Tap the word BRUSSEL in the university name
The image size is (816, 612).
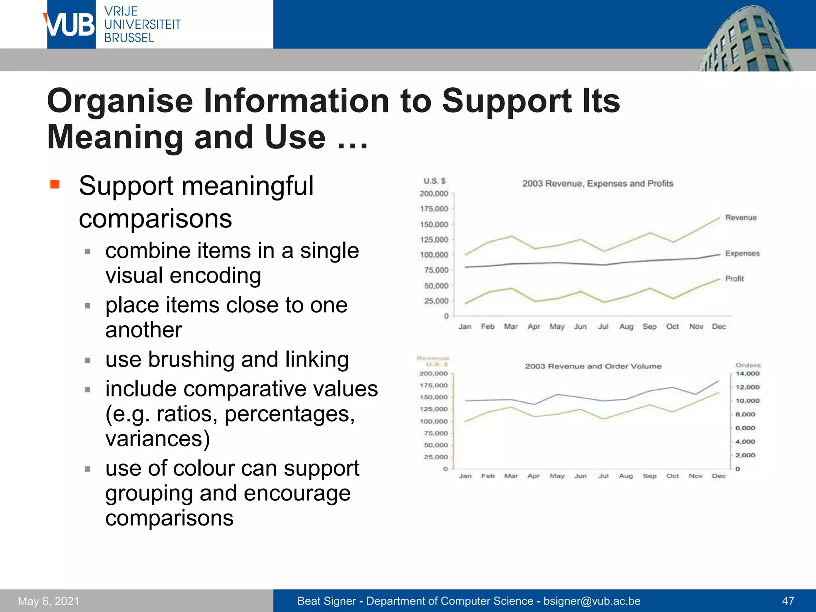(x=129, y=38)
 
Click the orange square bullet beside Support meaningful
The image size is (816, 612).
(x=55, y=184)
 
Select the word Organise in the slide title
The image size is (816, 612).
(x=120, y=101)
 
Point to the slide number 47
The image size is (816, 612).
(x=788, y=601)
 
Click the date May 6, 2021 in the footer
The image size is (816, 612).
(x=49, y=601)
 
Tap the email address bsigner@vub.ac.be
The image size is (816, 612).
(x=592, y=601)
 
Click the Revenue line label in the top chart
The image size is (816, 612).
(x=741, y=218)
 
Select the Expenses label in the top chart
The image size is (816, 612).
(x=742, y=253)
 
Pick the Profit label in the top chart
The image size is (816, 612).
(x=734, y=279)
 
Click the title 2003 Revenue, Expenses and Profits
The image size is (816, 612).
(x=598, y=184)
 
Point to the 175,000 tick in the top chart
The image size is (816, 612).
(x=434, y=209)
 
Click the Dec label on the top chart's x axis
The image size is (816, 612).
(x=719, y=327)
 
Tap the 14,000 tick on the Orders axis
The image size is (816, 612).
(x=747, y=374)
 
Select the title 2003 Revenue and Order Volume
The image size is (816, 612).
(x=593, y=366)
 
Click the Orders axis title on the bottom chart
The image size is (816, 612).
(x=748, y=365)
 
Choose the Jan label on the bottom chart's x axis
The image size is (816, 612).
(x=465, y=476)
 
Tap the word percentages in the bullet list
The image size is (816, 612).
(x=290, y=414)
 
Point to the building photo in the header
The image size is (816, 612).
(x=745, y=40)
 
